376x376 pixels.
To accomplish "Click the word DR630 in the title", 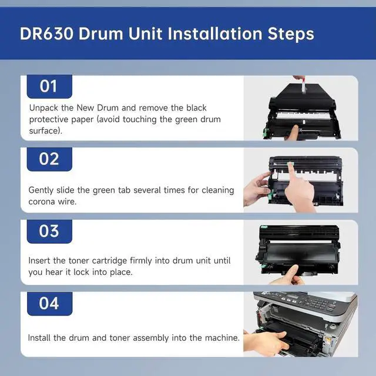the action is tap(46, 33).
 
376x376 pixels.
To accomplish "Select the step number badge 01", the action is tap(49, 86).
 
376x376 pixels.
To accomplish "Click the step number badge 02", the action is tap(49, 159).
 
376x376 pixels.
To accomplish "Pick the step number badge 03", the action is tap(49, 231).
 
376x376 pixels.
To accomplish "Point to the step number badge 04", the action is tap(49, 304).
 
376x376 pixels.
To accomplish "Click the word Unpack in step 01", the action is tap(43, 108).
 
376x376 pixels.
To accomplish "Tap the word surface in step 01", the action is tap(44, 130).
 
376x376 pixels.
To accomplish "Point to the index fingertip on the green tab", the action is tap(291, 165).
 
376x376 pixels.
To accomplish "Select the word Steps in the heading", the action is tap(291, 33).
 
